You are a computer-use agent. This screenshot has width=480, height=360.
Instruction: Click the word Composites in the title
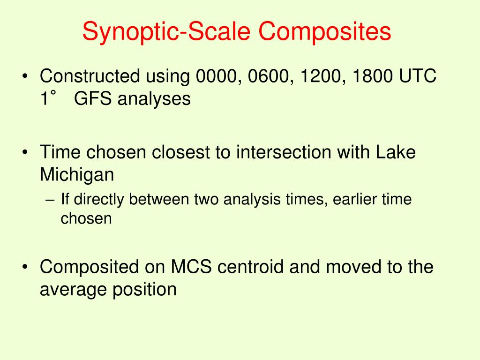(x=323, y=32)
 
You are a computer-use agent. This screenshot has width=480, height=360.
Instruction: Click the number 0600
(x=272, y=76)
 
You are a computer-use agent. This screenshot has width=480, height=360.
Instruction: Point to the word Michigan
(x=77, y=175)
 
